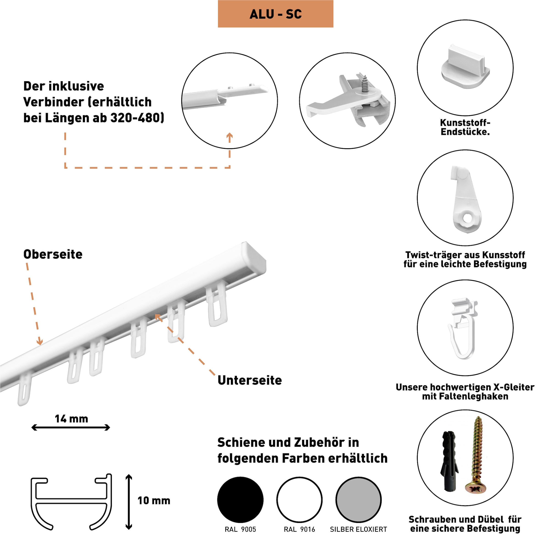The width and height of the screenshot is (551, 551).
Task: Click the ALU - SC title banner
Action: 275,14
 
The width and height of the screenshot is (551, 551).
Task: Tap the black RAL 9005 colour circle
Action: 240,500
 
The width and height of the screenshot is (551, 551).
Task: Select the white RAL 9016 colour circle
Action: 299,500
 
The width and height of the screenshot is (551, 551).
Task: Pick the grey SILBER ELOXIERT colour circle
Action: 358,500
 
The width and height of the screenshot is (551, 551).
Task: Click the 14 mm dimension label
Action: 71,419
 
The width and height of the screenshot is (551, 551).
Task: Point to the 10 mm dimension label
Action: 154,500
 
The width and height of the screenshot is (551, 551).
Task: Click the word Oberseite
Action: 53,254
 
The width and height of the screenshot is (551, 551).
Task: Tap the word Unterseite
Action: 250,380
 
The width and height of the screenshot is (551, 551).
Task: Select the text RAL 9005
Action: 240,530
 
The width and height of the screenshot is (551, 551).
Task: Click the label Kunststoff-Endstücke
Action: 465,127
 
